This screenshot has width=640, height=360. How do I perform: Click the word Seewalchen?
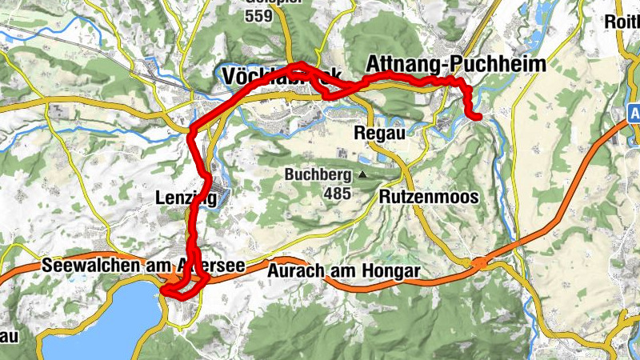(x=83, y=266)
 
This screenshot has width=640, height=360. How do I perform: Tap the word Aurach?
(x=296, y=272)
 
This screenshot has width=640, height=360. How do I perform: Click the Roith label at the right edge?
(x=624, y=20)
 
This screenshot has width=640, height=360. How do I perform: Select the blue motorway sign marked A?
(x=634, y=114)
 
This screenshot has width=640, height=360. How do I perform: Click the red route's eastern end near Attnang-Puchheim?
(x=478, y=118)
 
